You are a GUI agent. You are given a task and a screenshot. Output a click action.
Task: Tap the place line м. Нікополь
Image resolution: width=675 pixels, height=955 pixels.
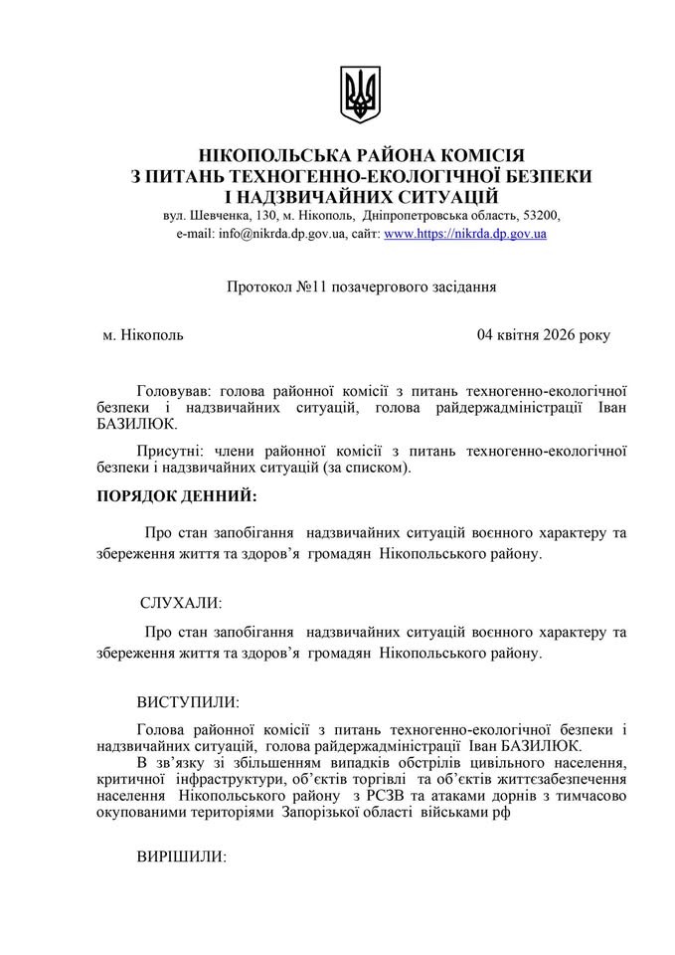click(x=143, y=335)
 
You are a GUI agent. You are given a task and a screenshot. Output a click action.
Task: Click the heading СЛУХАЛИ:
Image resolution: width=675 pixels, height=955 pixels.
click(x=181, y=603)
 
